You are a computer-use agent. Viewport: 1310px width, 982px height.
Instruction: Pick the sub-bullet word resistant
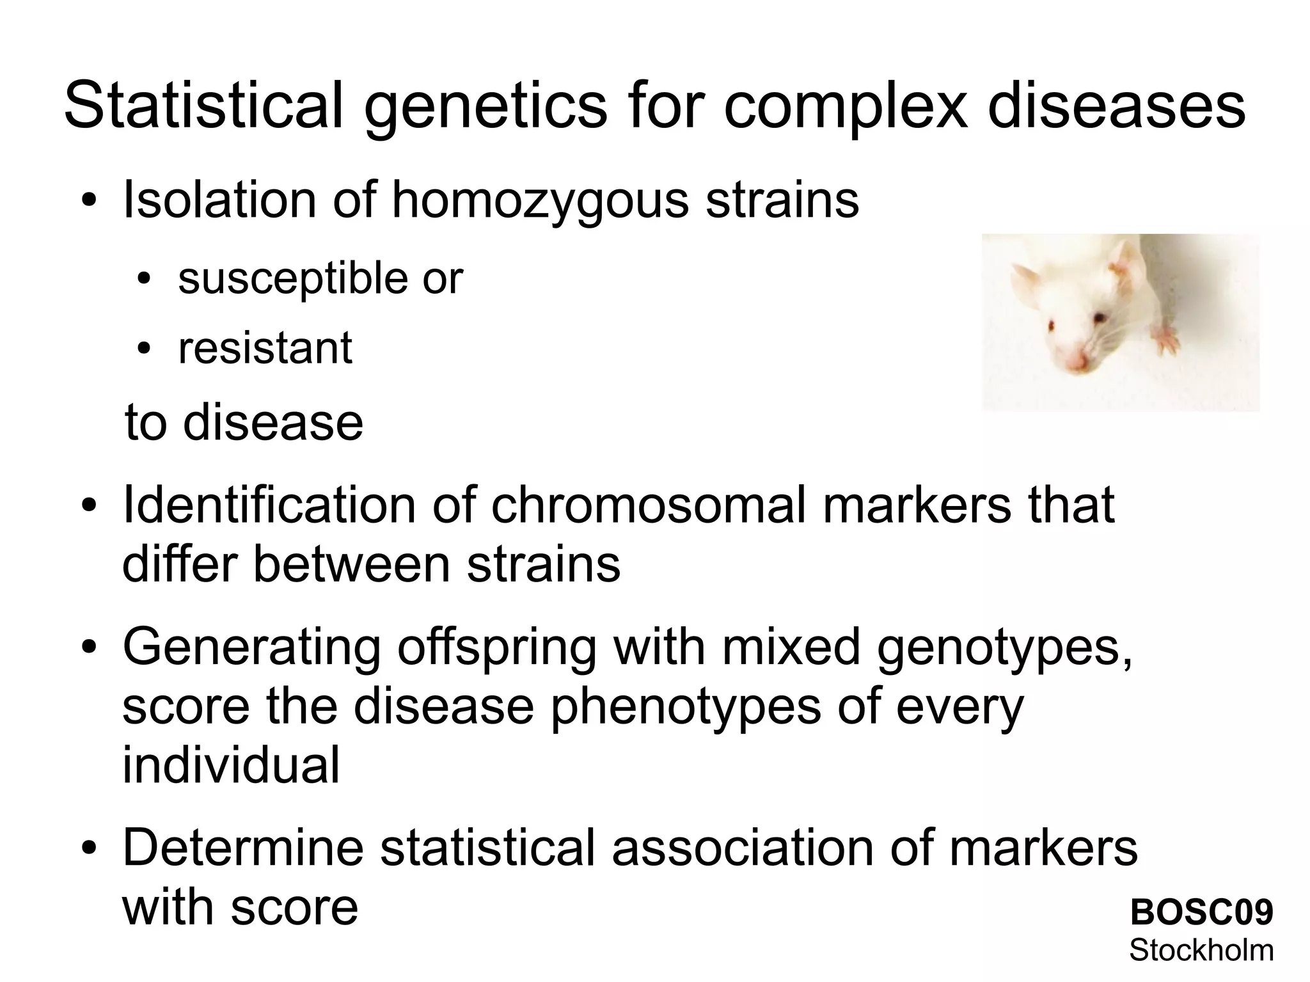(265, 349)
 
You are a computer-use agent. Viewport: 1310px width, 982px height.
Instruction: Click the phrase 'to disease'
(244, 423)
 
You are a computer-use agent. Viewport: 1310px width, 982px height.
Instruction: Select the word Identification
(269, 505)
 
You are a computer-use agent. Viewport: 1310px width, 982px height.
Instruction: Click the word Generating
(252, 647)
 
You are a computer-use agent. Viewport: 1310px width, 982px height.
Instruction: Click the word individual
(231, 766)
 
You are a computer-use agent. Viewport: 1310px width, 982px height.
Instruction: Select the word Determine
(243, 847)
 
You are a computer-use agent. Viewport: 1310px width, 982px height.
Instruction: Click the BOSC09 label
(1201, 913)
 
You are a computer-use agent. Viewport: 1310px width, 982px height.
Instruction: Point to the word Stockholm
(1201, 950)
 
